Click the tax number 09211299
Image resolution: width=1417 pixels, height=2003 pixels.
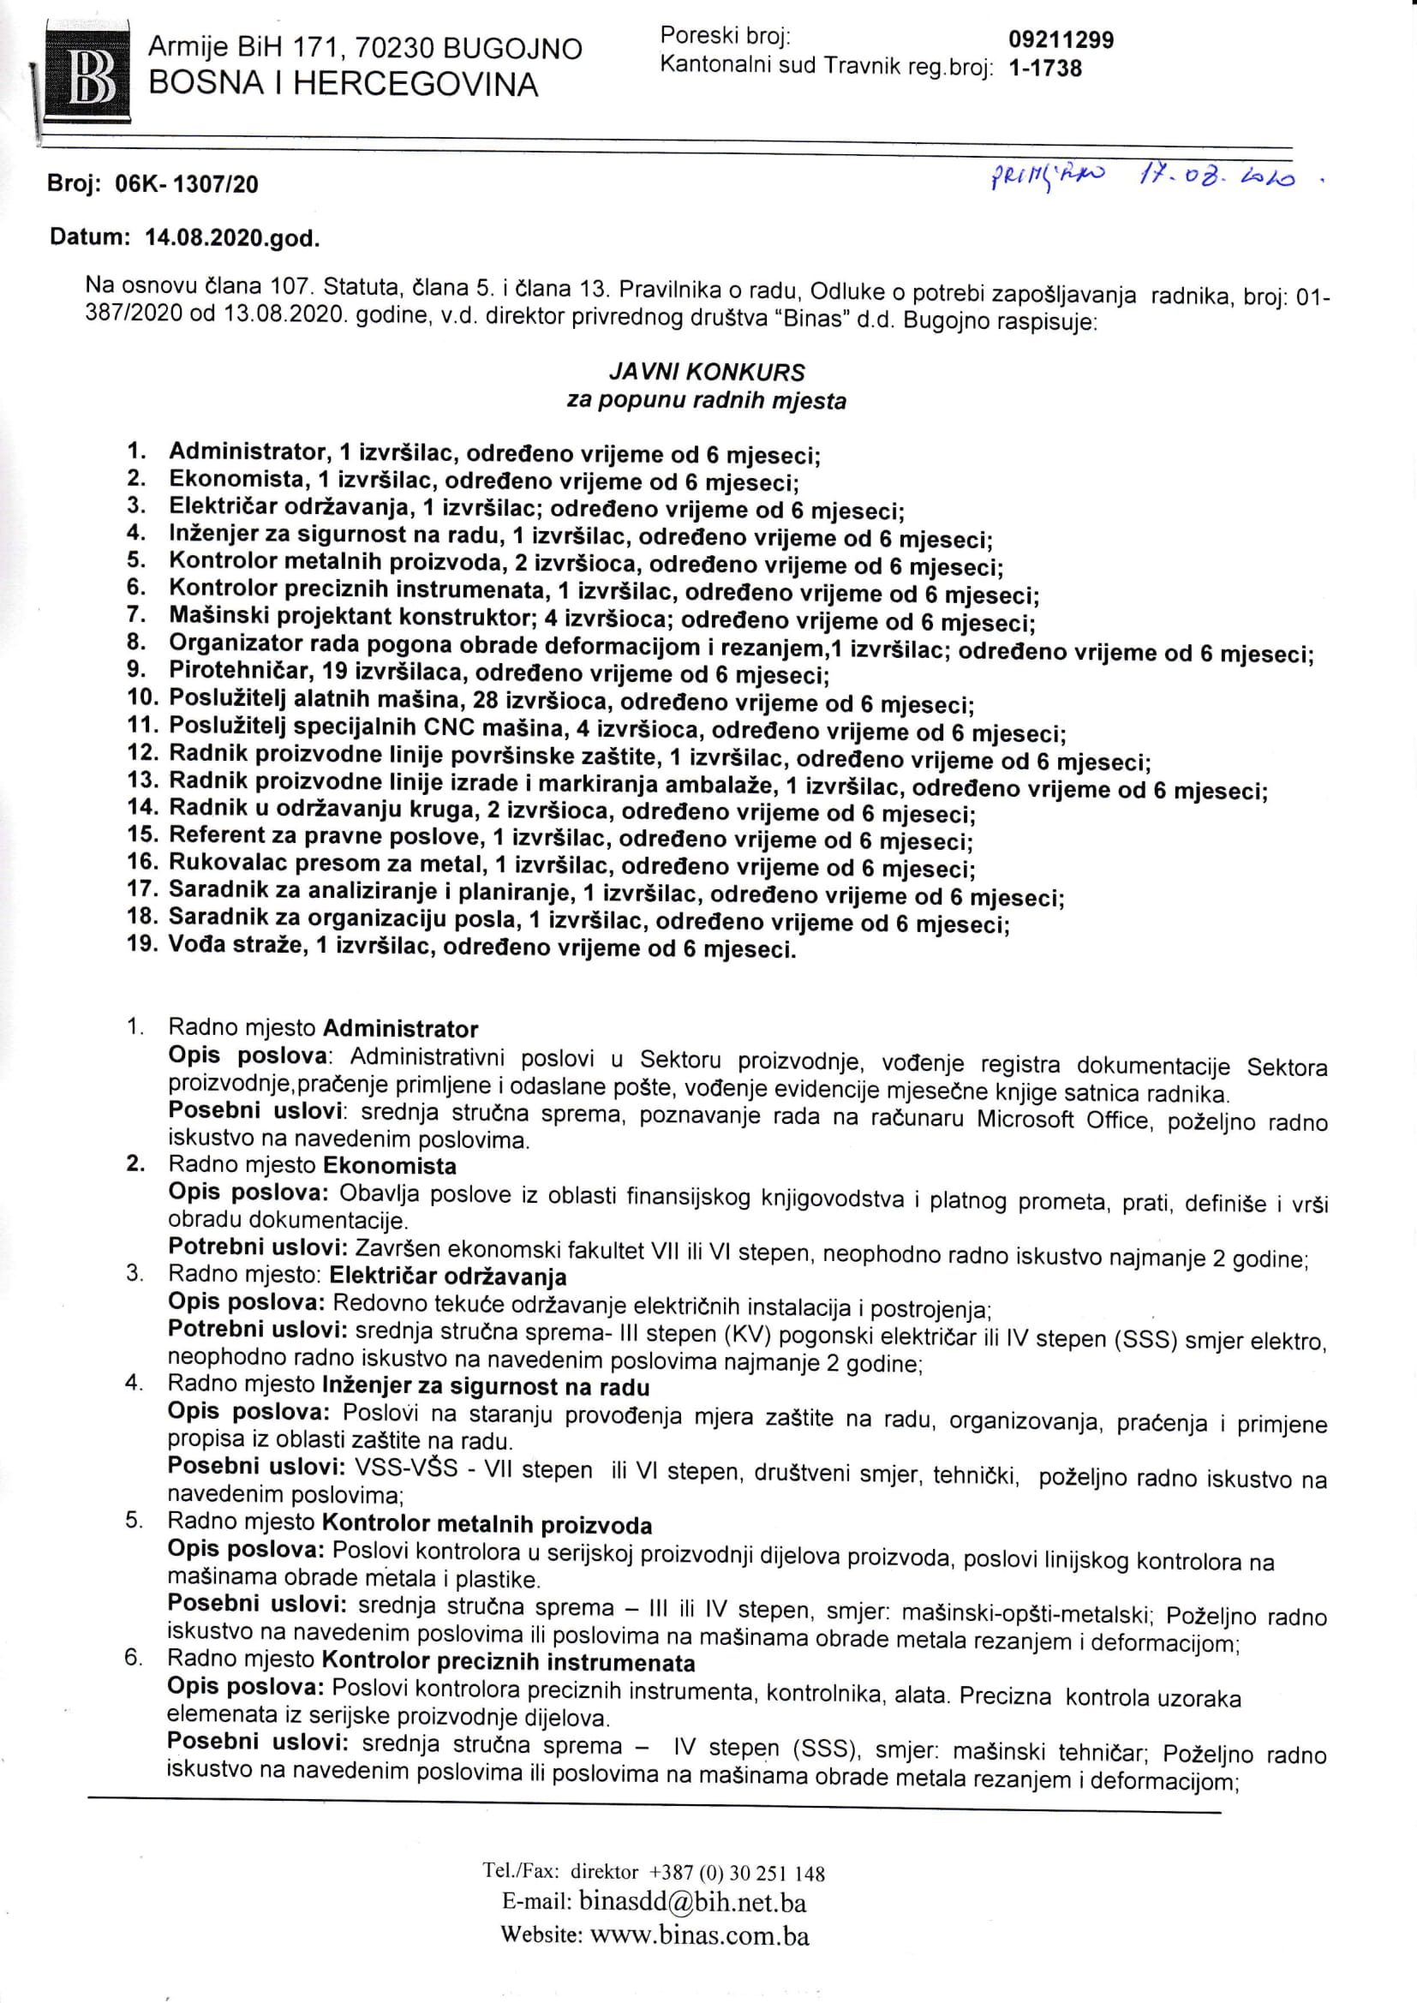tap(1060, 39)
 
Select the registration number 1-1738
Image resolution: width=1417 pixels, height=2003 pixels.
tap(1044, 68)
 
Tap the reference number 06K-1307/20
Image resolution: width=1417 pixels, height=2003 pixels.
tap(187, 184)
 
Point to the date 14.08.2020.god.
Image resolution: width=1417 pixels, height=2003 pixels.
tap(232, 238)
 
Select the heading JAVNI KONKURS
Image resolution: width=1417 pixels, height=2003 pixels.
tap(707, 373)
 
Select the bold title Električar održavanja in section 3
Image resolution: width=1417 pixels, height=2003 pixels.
tap(447, 1277)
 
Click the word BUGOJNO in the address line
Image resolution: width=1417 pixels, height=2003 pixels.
tap(512, 49)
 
